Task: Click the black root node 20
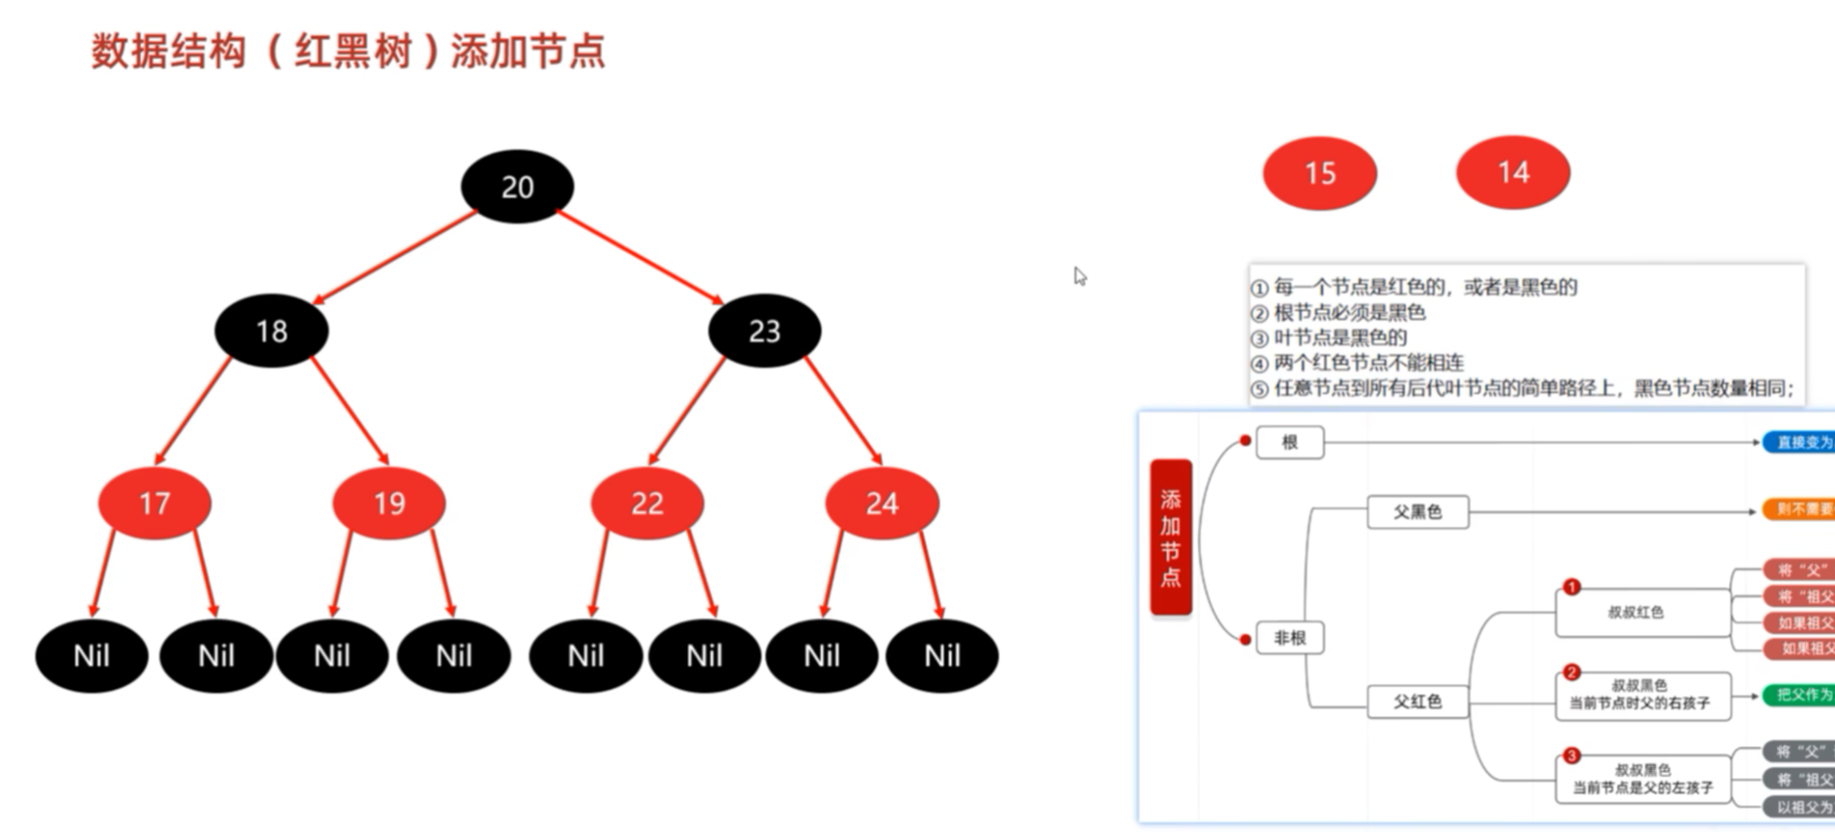coord(517,186)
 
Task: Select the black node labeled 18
coord(272,331)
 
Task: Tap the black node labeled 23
coord(764,331)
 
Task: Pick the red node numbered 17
coord(155,502)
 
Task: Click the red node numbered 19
coord(388,502)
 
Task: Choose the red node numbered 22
coord(647,502)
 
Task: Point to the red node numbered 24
coord(881,502)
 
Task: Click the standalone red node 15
coord(1320,173)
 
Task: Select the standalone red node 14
coord(1513,173)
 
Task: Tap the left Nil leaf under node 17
coord(92,656)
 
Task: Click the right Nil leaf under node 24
coord(942,656)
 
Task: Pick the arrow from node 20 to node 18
coord(394,258)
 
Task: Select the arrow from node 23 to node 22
coord(688,410)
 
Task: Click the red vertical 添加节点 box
coord(1170,537)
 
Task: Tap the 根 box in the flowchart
coord(1289,443)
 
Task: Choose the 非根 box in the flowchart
coord(1289,638)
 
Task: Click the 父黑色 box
coord(1418,511)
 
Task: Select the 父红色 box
coord(1418,702)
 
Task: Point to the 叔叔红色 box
coord(1641,613)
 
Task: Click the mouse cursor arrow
coord(1079,276)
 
